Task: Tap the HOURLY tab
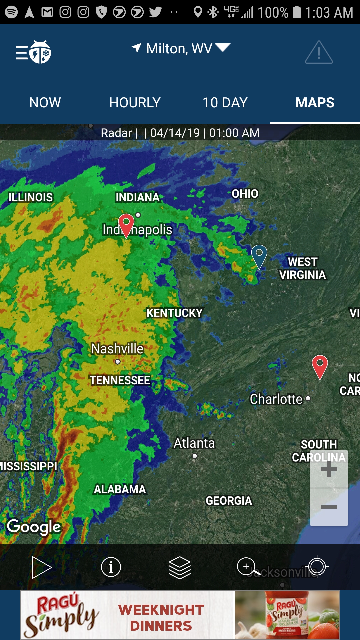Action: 135,103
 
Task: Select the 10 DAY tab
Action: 225,103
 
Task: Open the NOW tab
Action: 45,103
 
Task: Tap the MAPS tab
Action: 315,103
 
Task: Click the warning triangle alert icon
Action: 319,53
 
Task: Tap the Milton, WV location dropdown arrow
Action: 223,48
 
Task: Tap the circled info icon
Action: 111,567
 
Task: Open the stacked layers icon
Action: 180,567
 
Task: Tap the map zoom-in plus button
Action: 329,469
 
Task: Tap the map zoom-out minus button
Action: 329,507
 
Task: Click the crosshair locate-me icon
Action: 317,567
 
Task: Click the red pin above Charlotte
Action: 320,366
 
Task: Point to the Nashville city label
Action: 117,349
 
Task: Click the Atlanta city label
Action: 194,443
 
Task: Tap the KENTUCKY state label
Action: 174,313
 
